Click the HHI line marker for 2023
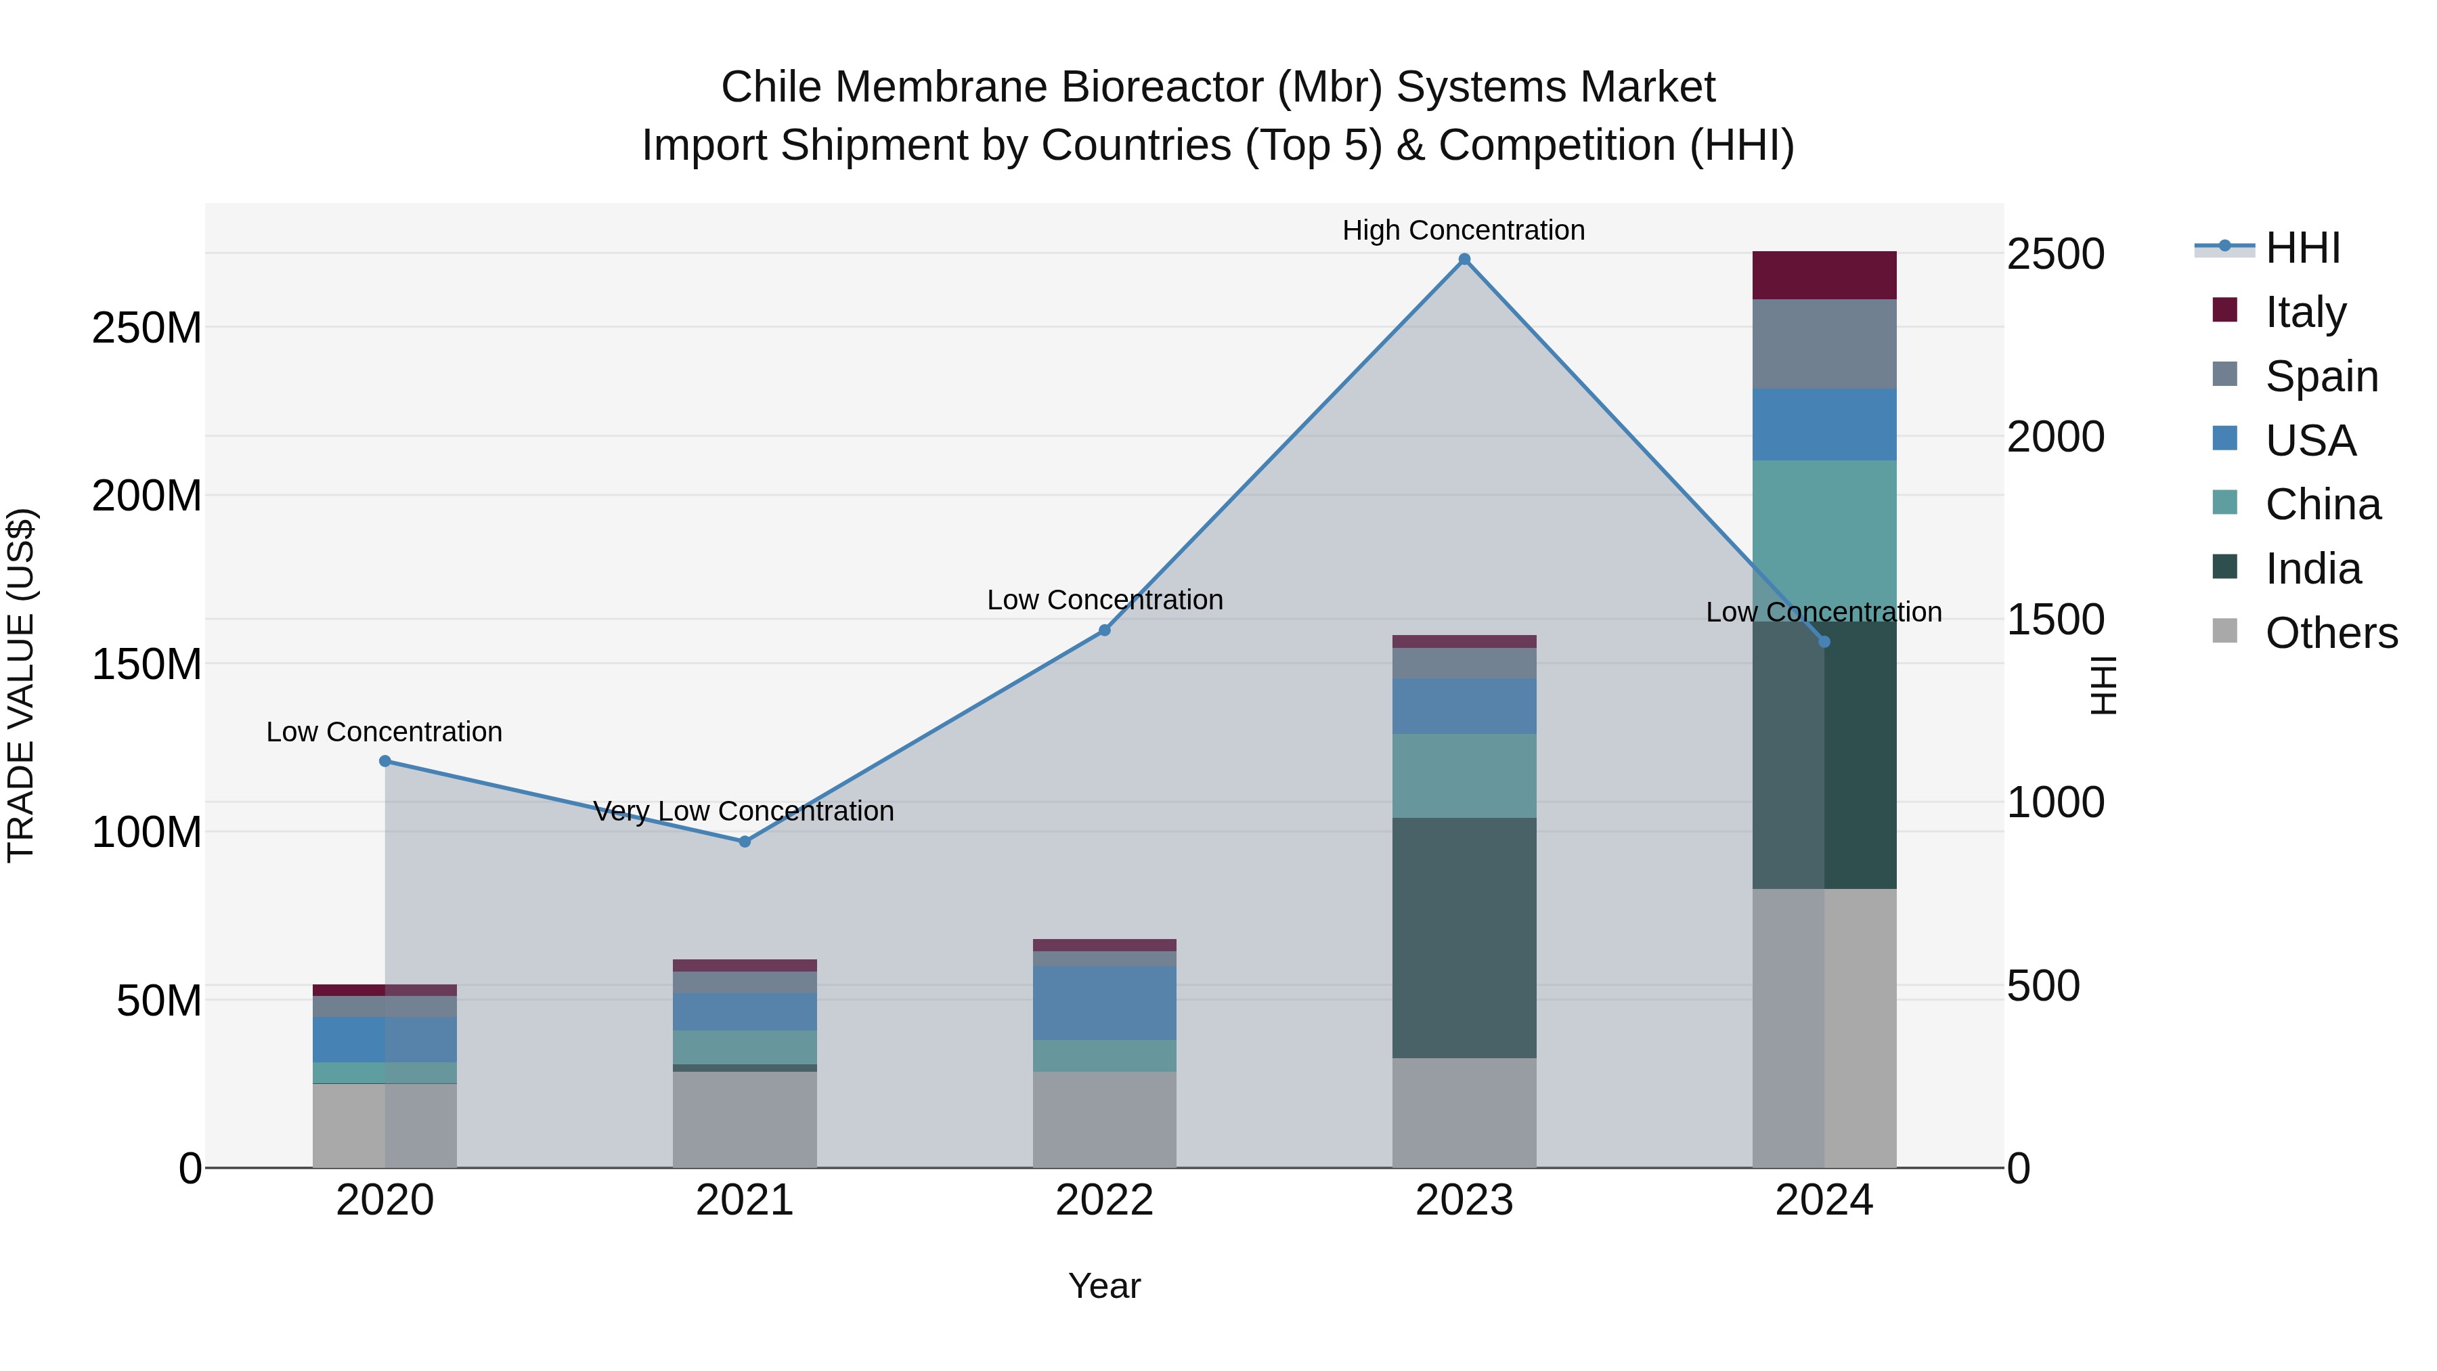pyautogui.click(x=1464, y=259)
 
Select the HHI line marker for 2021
pyautogui.click(x=745, y=841)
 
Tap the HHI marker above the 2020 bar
pyautogui.click(x=385, y=761)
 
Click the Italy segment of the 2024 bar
pyautogui.click(x=1824, y=276)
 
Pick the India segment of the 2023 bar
pyautogui.click(x=1464, y=937)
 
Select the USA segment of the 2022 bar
pyautogui.click(x=1104, y=1002)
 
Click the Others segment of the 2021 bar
pyautogui.click(x=745, y=1119)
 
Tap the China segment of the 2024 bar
pyautogui.click(x=1824, y=540)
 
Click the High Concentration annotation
pyautogui.click(x=1464, y=230)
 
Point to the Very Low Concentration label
pyautogui.click(x=743, y=811)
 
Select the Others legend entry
pyautogui.click(x=2330, y=633)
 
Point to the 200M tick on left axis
pyautogui.click(x=147, y=496)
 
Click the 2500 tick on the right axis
pyautogui.click(x=2055, y=254)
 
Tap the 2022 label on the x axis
pyautogui.click(x=1104, y=1200)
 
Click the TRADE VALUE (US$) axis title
pyautogui.click(x=22, y=685)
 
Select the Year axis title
pyautogui.click(x=1104, y=1286)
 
